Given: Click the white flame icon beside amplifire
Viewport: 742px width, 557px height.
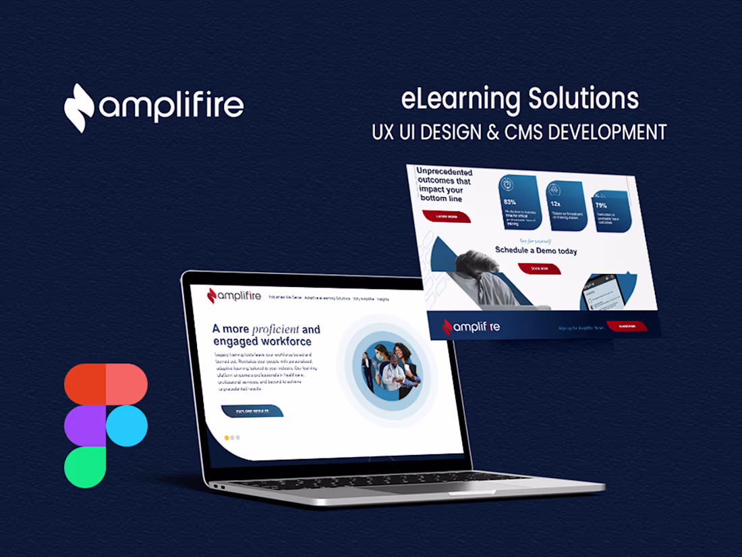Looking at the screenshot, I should click(79, 107).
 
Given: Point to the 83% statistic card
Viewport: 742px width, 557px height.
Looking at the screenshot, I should click(519, 203).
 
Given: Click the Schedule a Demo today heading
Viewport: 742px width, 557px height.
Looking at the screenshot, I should click(536, 250).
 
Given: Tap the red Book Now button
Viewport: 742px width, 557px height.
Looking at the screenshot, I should click(540, 268).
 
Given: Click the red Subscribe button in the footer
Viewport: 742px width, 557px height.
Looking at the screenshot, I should click(627, 326).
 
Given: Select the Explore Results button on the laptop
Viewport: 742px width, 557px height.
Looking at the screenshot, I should click(252, 410).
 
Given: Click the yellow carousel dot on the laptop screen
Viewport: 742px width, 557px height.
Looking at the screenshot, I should click(227, 437).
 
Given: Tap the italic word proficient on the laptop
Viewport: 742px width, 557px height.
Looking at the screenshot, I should click(275, 329).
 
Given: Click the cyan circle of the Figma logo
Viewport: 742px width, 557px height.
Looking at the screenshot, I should click(127, 426).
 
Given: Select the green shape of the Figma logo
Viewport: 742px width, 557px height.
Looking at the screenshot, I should click(85, 467).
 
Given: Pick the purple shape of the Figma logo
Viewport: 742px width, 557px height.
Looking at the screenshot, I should click(85, 426).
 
